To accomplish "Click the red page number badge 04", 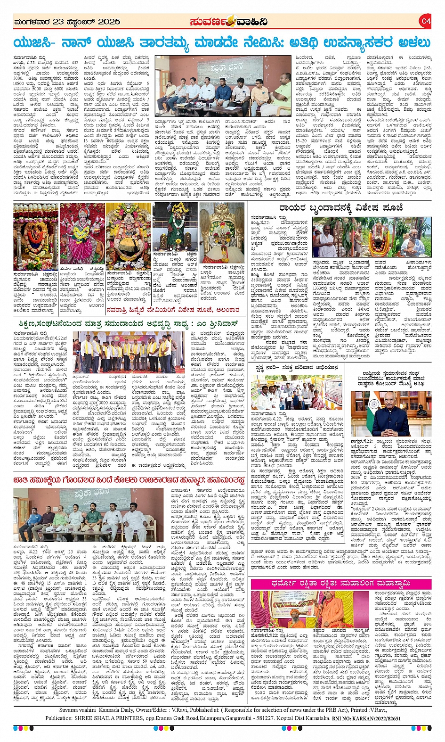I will (426, 21).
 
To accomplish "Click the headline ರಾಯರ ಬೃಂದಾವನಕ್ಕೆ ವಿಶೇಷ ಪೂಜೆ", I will (341, 207).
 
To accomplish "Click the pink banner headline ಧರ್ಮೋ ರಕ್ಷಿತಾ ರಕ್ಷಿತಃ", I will (340, 584).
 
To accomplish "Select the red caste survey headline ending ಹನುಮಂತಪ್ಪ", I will (129, 480).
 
